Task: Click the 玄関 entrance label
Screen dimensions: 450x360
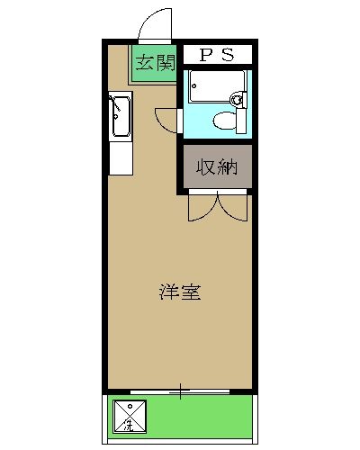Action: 155,63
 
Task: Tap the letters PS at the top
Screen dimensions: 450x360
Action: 216,55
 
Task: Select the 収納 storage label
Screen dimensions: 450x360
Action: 217,168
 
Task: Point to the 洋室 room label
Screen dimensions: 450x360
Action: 179,292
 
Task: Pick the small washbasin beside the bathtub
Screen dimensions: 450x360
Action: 237,99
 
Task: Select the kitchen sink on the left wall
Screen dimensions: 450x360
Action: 119,116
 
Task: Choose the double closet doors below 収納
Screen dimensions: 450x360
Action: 217,206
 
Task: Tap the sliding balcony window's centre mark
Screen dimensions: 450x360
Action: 180,391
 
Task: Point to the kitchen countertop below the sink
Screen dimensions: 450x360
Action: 119,157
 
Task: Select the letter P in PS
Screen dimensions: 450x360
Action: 204,55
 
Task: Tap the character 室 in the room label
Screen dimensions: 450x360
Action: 189,292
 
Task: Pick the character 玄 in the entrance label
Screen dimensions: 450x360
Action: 145,63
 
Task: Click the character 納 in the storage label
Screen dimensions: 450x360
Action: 227,168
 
